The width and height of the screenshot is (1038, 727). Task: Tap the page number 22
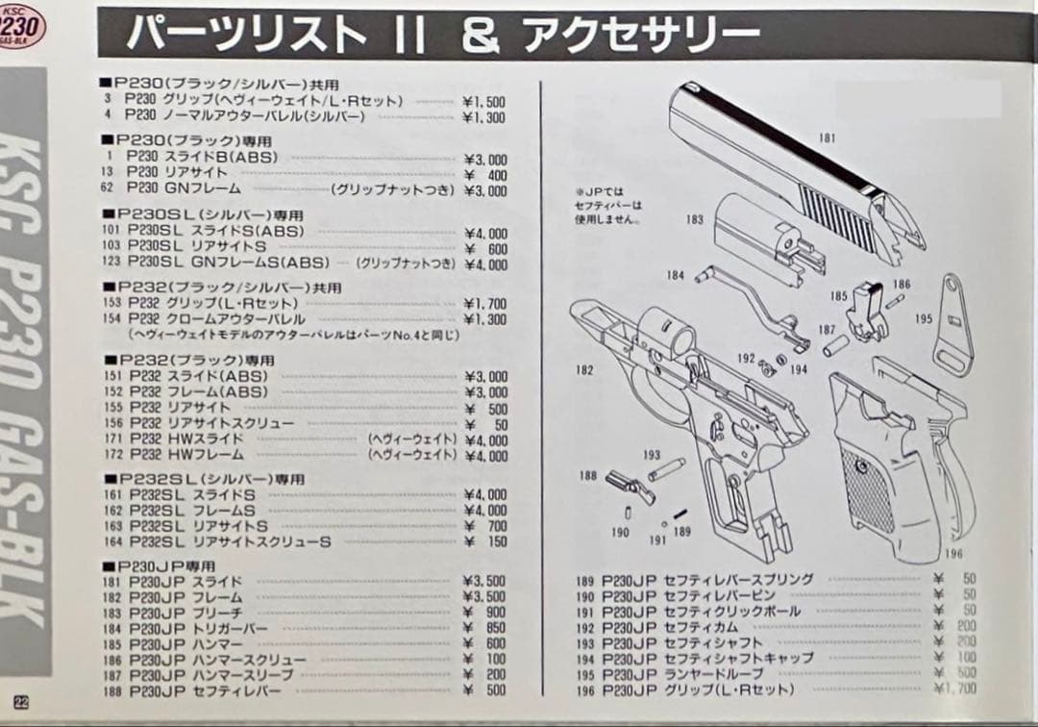19,701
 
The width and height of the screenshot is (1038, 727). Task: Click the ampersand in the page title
480,35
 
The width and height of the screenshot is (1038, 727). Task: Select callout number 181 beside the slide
827,138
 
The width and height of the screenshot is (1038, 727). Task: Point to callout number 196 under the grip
952,553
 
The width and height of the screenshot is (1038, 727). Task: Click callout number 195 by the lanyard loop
924,318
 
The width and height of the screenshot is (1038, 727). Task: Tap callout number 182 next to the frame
582,369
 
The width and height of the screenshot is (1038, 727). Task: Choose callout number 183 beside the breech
694,220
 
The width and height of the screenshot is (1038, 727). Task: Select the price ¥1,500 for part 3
483,101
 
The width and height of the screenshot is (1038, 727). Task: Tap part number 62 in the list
107,190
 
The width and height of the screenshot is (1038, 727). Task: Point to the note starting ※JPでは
603,205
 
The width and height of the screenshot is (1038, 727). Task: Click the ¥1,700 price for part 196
954,689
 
